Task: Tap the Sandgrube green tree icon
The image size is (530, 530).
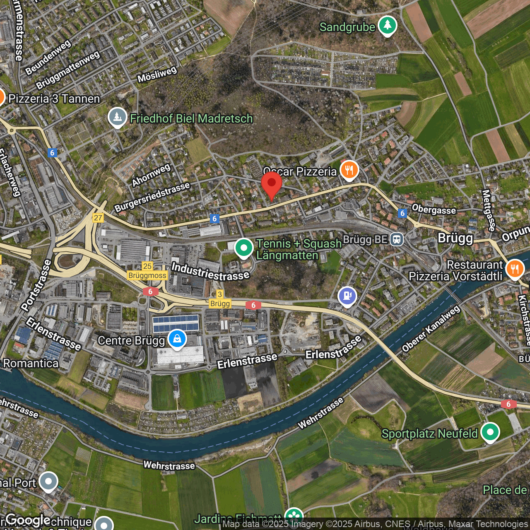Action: [x=387, y=26]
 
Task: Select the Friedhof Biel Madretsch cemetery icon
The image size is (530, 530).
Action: [x=117, y=117]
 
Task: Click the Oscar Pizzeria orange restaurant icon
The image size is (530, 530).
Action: [x=349, y=170]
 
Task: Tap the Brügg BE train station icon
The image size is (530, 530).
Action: [x=397, y=239]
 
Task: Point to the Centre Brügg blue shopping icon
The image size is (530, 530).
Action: [x=177, y=339]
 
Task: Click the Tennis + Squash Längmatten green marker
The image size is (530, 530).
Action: [x=244, y=248]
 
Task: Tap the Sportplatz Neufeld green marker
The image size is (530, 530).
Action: [x=490, y=432]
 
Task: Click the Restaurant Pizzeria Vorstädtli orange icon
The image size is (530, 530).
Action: [x=515, y=269]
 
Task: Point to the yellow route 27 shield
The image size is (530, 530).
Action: [x=98, y=218]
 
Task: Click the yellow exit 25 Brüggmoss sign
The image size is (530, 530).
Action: [x=147, y=272]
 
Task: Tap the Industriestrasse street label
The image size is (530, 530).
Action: [x=210, y=271]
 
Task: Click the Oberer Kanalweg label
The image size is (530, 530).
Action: [x=431, y=329]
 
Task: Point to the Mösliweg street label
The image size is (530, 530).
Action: [x=157, y=74]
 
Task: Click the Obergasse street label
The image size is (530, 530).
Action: [x=434, y=210]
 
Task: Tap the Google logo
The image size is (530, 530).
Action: [x=28, y=520]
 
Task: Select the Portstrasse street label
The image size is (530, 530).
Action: [x=36, y=285]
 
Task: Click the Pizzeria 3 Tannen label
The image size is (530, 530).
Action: [x=54, y=99]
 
